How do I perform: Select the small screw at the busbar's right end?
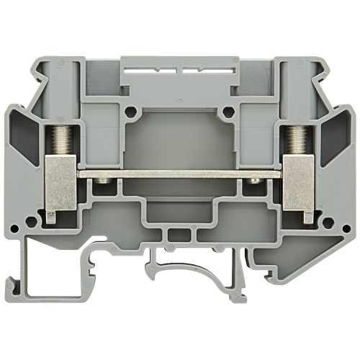pyautogui.click(x=253, y=188)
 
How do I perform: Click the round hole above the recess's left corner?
pyautogui.click(x=130, y=112)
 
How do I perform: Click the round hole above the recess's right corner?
pyautogui.click(x=229, y=112)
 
